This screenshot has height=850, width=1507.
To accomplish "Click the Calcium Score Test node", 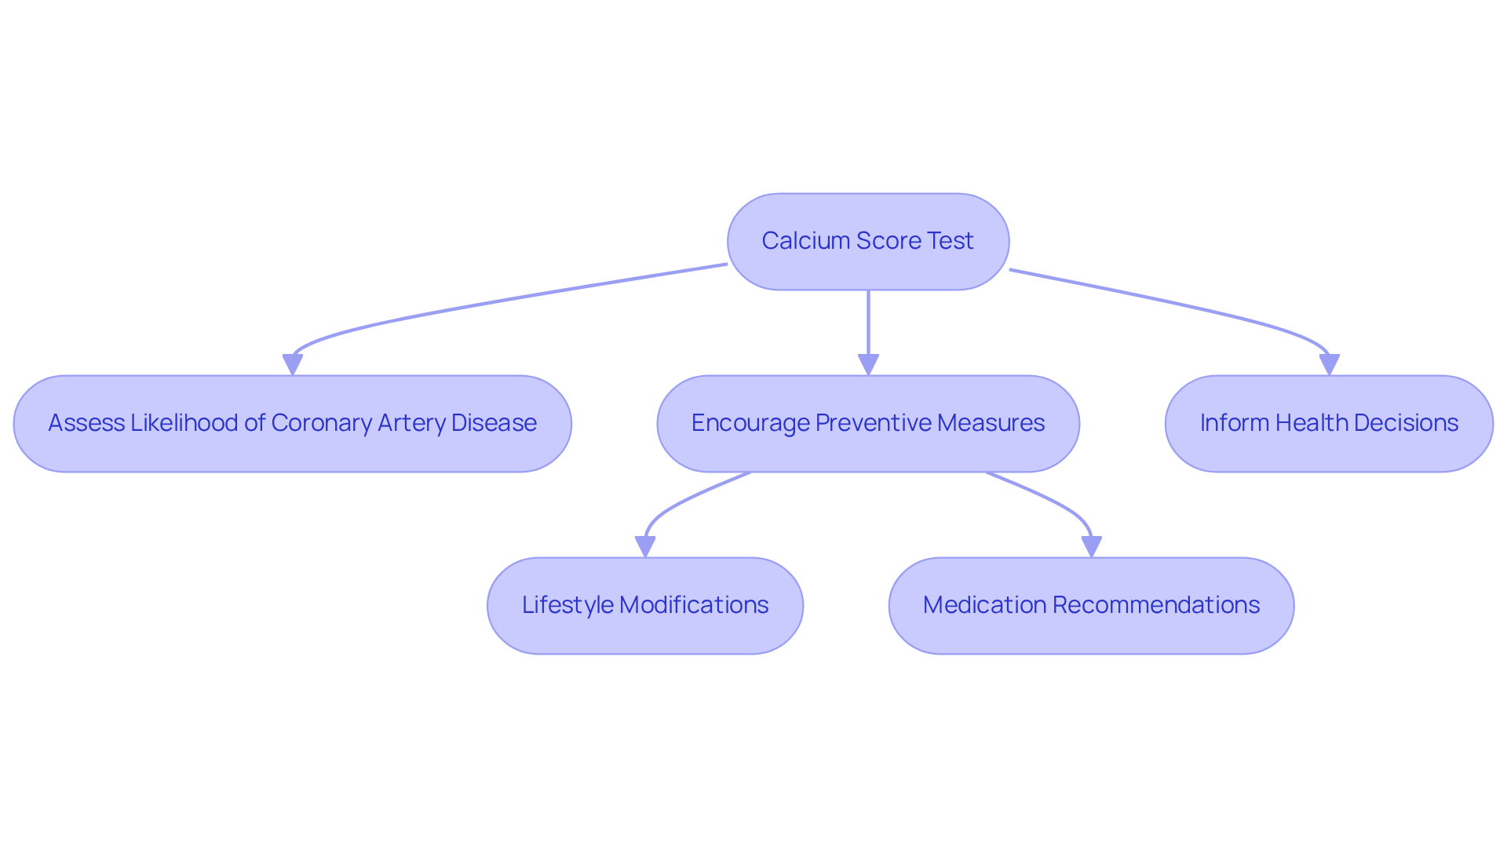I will [x=868, y=242].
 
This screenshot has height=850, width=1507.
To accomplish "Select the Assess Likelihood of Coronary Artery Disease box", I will [x=292, y=424].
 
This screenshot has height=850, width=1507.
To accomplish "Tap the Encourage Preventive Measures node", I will [x=868, y=424].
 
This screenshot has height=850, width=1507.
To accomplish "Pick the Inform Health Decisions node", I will [x=1329, y=424].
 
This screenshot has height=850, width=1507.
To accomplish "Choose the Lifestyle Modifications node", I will [x=644, y=606].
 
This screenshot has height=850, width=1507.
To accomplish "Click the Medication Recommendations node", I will [x=1091, y=606].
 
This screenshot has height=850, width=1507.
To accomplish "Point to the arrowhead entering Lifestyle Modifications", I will [x=645, y=546].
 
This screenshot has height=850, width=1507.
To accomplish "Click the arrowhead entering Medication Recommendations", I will [x=1091, y=546].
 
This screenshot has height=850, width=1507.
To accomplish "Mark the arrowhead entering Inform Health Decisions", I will [x=1329, y=364].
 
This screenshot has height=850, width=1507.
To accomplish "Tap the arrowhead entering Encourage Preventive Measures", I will [x=868, y=364].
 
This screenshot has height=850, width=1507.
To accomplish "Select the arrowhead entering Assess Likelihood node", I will [x=293, y=364].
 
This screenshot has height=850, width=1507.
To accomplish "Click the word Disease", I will [x=494, y=423].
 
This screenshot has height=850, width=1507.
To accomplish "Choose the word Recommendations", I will [x=1155, y=605].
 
